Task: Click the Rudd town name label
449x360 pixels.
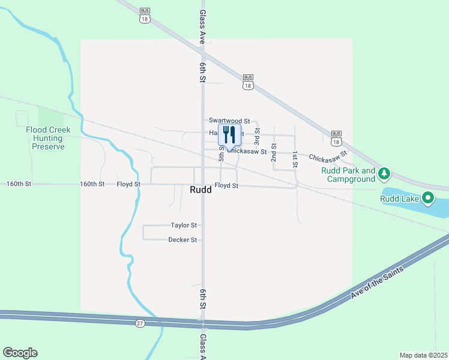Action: point(199,190)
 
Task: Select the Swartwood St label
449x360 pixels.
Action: point(229,121)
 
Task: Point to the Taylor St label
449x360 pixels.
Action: point(184,226)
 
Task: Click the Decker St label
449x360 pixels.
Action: point(182,240)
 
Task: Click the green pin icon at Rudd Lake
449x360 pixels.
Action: point(428,197)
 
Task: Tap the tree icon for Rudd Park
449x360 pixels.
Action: point(384,174)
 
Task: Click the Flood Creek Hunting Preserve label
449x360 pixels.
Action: point(48,138)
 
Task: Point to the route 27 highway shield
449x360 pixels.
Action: point(140,323)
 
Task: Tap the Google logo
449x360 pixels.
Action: point(20,353)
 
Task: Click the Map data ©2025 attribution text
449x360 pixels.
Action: point(424,355)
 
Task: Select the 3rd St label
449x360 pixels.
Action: point(257,137)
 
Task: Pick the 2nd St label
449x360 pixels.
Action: point(274,152)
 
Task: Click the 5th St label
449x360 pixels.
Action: point(221,154)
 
